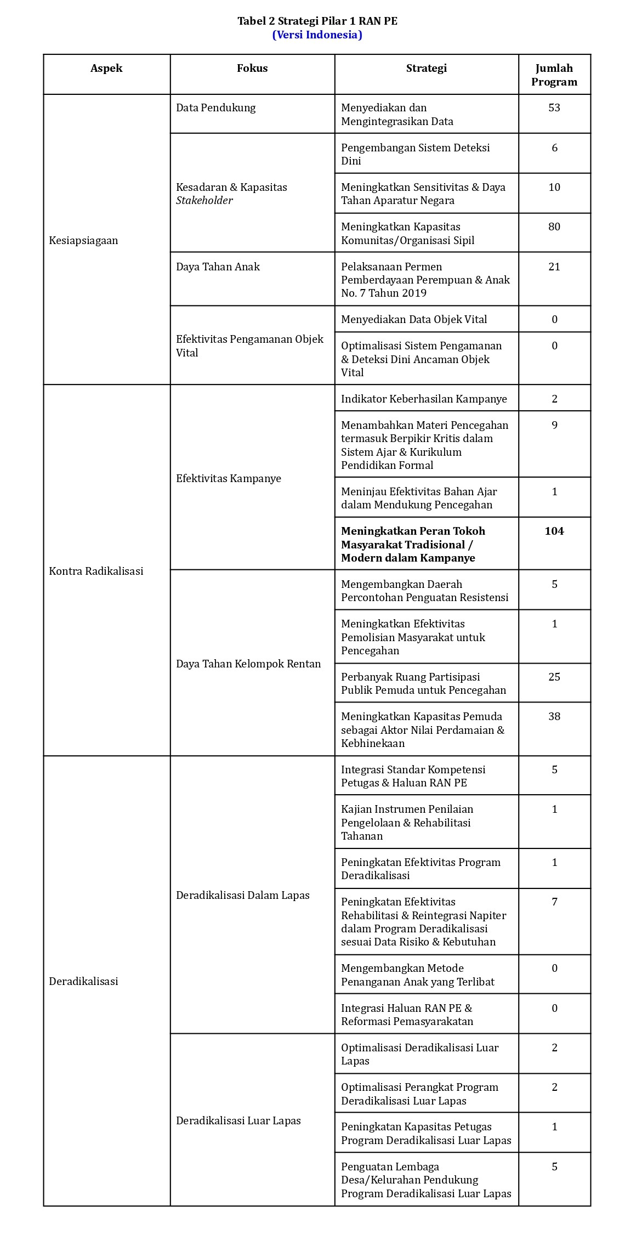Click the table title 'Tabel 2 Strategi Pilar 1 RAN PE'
click(x=317, y=21)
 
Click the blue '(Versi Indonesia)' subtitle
click(x=317, y=35)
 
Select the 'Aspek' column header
click(x=106, y=69)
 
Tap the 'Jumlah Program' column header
click(x=554, y=75)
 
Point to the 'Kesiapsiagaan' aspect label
click(x=83, y=240)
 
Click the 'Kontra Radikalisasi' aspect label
click(x=96, y=571)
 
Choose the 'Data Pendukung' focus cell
click(x=216, y=107)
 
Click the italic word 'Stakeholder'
click(x=205, y=200)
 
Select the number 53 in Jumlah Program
click(x=554, y=107)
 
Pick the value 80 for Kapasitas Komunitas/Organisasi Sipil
click(x=554, y=227)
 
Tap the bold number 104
click(x=554, y=531)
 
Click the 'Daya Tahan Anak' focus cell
click(x=218, y=267)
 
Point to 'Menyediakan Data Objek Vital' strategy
click(x=414, y=319)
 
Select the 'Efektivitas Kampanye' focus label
click(x=229, y=478)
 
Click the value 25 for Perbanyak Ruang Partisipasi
click(x=554, y=677)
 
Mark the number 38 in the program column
click(x=554, y=716)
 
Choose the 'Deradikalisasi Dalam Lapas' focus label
click(x=243, y=895)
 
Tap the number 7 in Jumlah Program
click(x=554, y=902)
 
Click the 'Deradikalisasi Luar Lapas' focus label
click(x=238, y=1120)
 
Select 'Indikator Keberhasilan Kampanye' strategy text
click(x=424, y=399)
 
